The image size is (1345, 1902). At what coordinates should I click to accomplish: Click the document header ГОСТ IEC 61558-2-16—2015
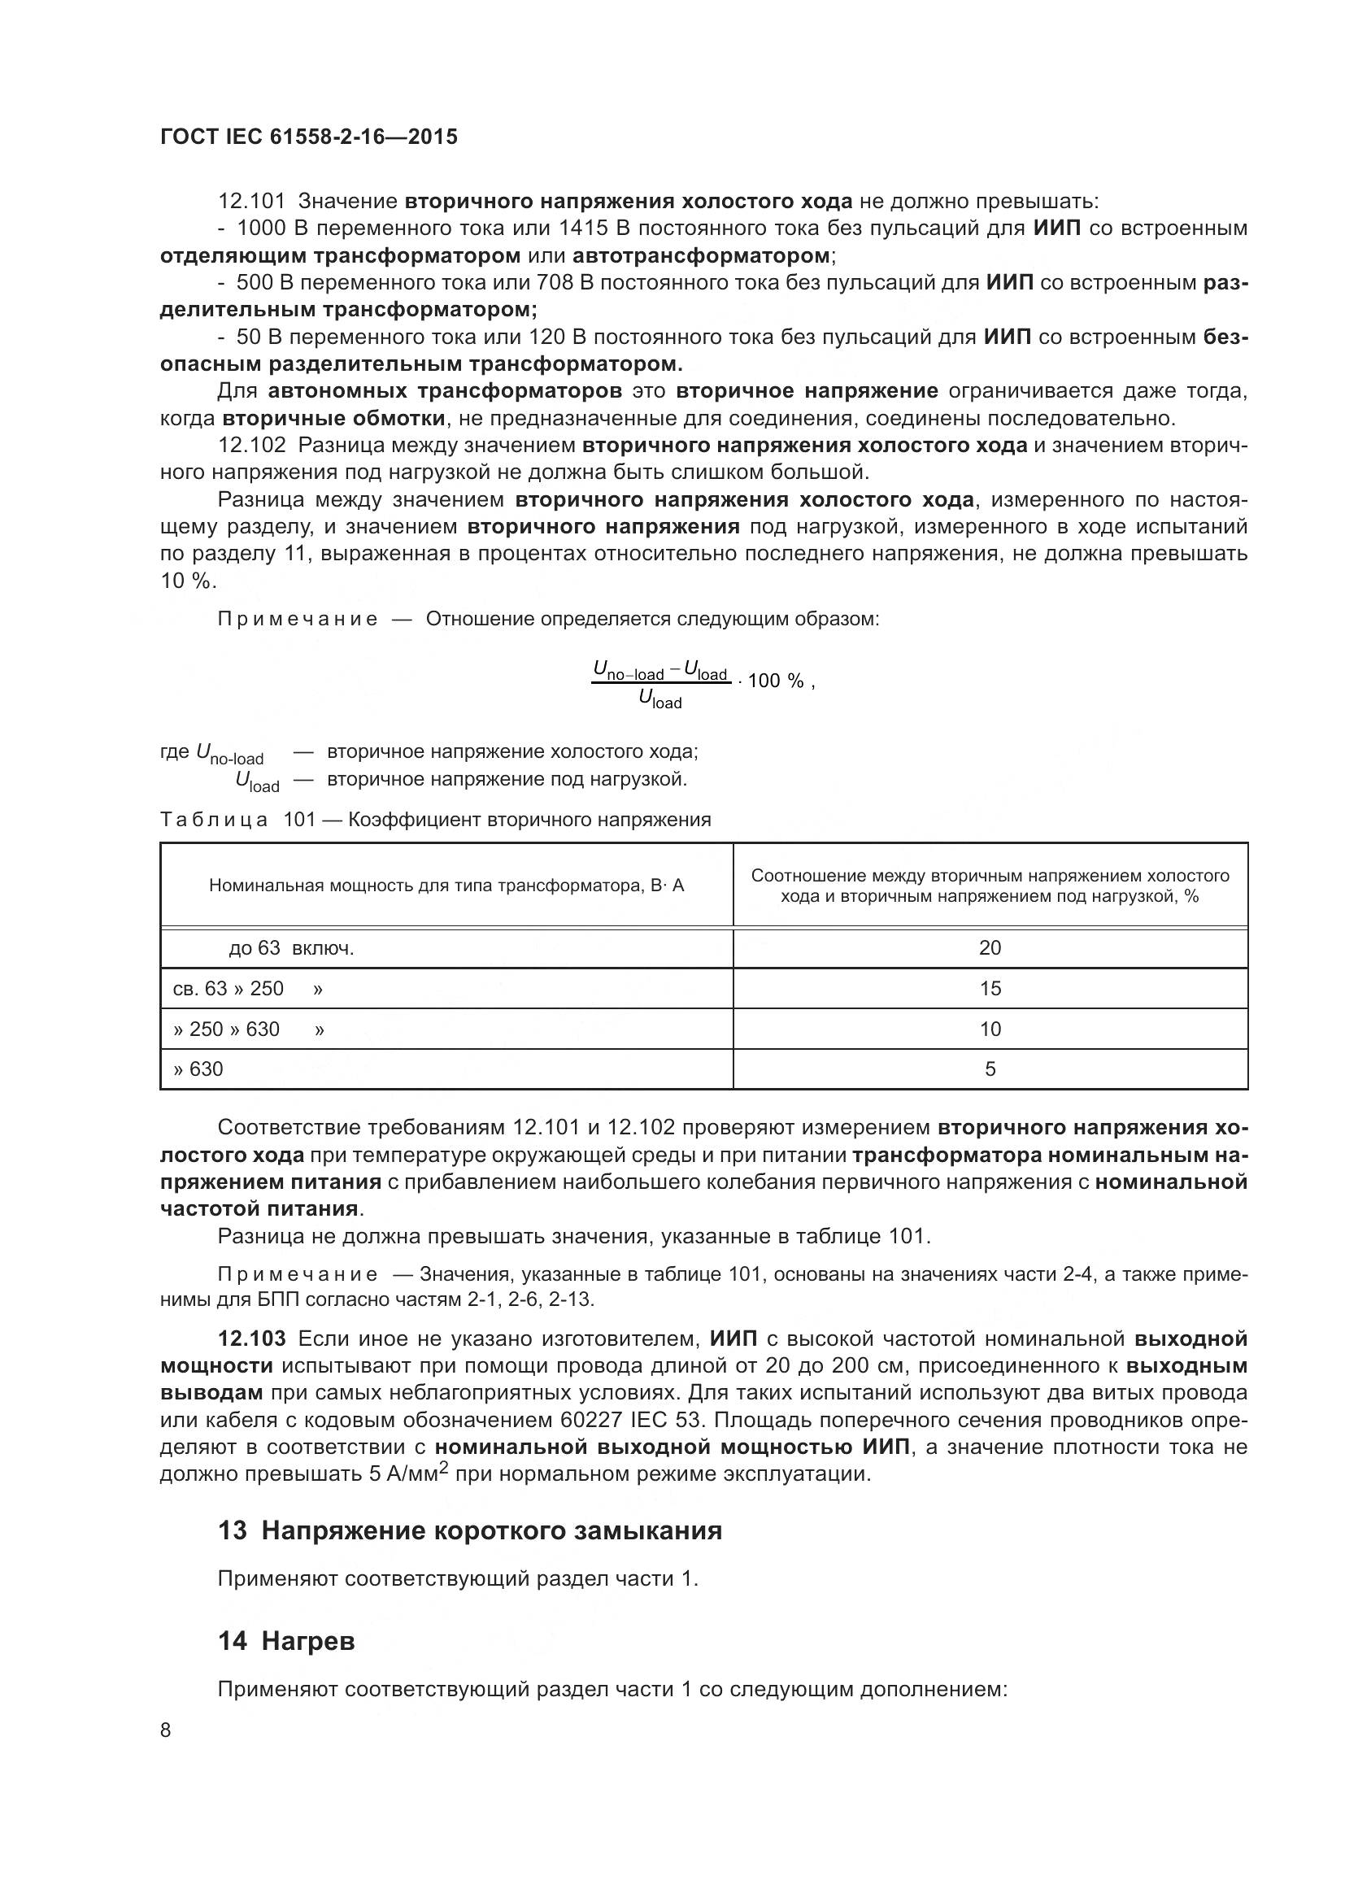[308, 137]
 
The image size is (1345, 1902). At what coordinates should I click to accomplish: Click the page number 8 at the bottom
[166, 1730]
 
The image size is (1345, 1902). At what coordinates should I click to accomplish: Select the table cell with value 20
[990, 947]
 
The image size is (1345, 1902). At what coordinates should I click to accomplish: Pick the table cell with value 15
[990, 988]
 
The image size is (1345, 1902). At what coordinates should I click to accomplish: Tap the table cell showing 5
[990, 1069]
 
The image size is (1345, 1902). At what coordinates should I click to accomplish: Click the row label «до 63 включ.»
[292, 947]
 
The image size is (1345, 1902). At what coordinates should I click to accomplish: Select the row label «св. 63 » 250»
[229, 988]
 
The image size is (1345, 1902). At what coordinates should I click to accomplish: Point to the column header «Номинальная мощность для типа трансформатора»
[446, 886]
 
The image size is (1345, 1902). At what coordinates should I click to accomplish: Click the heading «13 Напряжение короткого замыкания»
[469, 1531]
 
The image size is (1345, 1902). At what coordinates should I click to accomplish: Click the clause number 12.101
[251, 202]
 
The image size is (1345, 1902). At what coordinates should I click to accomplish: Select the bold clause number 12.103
[252, 1338]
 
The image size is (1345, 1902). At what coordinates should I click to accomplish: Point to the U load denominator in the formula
[660, 700]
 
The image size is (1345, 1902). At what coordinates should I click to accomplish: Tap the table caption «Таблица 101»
[237, 820]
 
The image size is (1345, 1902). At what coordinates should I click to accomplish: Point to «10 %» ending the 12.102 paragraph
[187, 581]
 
